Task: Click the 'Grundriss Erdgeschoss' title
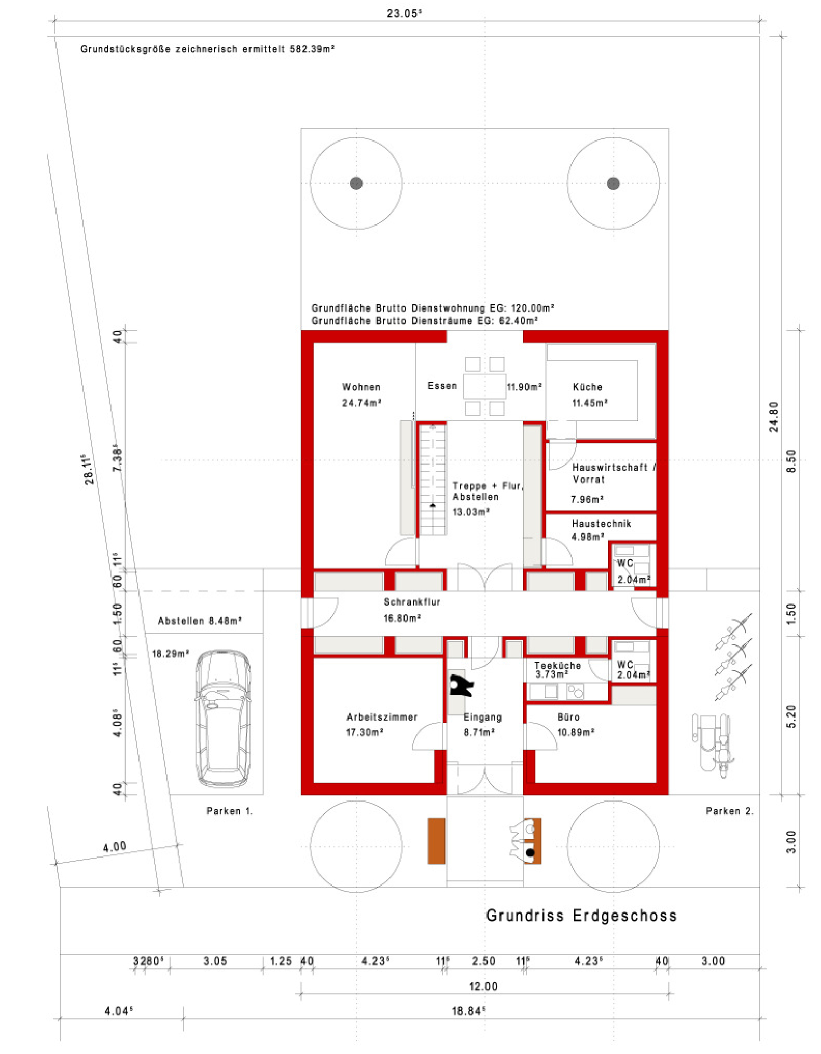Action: (x=581, y=916)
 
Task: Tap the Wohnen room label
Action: (x=361, y=387)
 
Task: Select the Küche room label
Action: (x=587, y=387)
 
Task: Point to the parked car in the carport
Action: (x=222, y=719)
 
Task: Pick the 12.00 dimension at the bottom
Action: (x=483, y=986)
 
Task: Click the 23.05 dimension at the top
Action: (x=403, y=13)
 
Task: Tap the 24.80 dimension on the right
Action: (x=773, y=417)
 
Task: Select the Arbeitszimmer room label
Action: (x=382, y=717)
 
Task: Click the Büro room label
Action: (x=568, y=717)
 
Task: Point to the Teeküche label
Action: (x=558, y=665)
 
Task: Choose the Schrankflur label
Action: (x=412, y=602)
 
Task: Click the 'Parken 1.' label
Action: (x=229, y=811)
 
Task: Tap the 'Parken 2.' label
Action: (x=729, y=811)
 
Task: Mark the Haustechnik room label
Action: (x=601, y=524)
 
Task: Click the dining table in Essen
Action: (x=484, y=386)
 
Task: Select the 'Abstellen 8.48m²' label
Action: (x=200, y=621)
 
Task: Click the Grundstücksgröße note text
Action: (x=207, y=49)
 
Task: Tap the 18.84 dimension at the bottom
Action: (x=469, y=1011)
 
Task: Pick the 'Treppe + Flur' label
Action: (x=488, y=486)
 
